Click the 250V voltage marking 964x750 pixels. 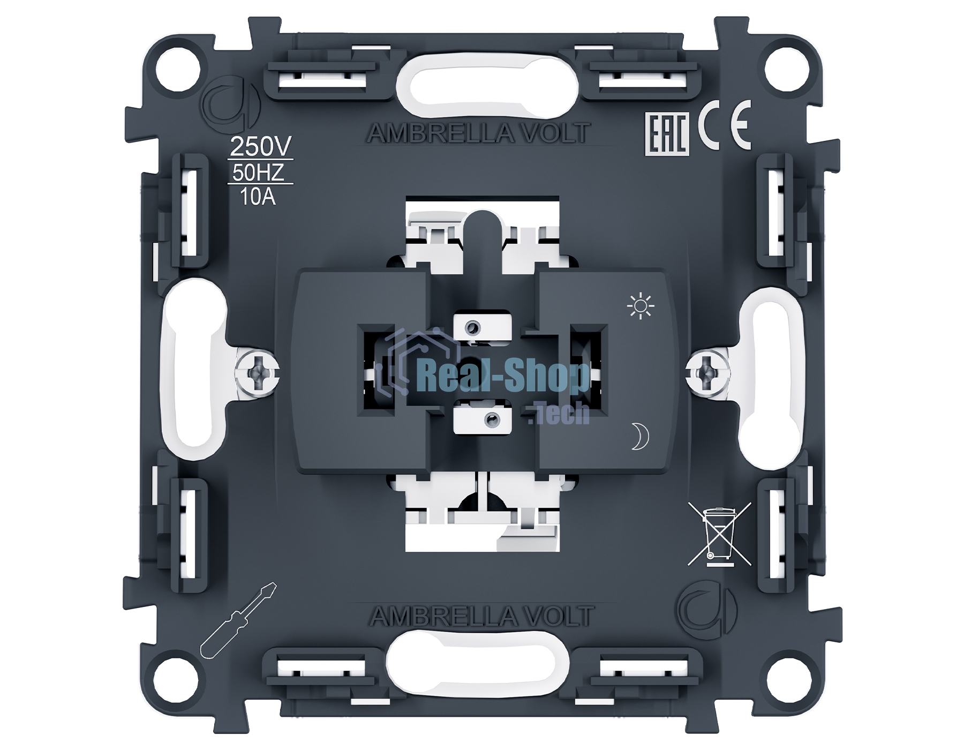point(261,146)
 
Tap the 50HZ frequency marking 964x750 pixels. point(258,172)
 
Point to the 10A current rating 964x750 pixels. point(258,197)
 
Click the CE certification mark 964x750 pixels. point(724,132)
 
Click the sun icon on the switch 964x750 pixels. point(641,306)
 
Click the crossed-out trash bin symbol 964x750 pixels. point(719,534)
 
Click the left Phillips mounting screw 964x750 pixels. point(258,370)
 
